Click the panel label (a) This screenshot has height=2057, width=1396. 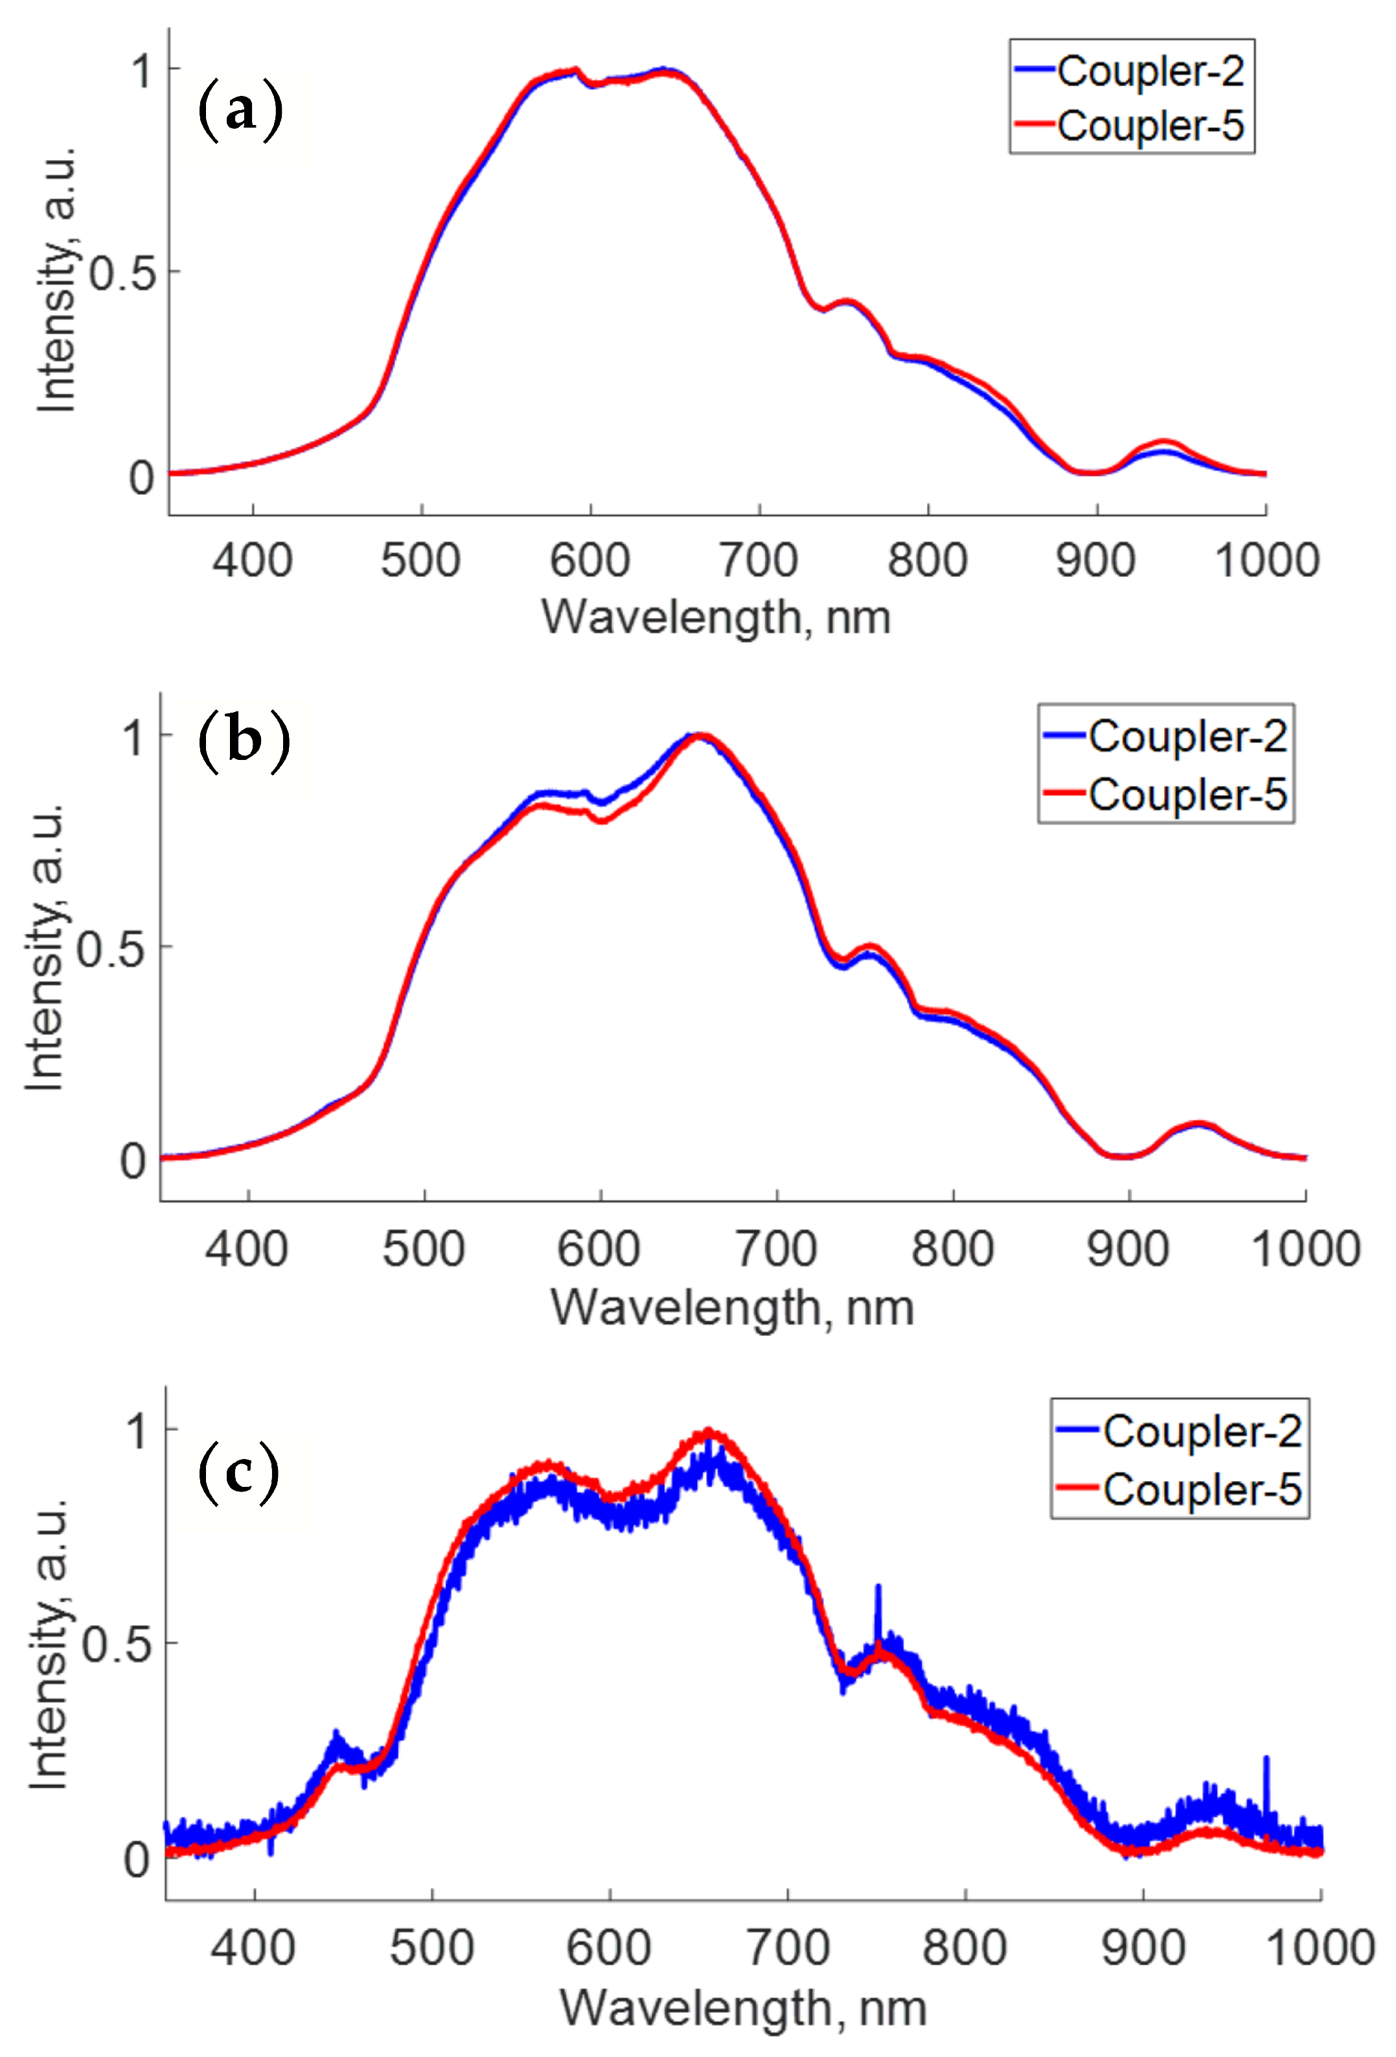[x=240, y=111]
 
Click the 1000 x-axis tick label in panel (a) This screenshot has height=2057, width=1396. [x=1266, y=560]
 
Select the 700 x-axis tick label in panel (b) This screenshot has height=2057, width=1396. [x=776, y=1249]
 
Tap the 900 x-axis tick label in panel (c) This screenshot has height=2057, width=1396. [x=1143, y=1948]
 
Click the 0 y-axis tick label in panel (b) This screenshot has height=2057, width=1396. [x=133, y=1160]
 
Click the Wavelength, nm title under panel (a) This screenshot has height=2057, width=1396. [x=715, y=617]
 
